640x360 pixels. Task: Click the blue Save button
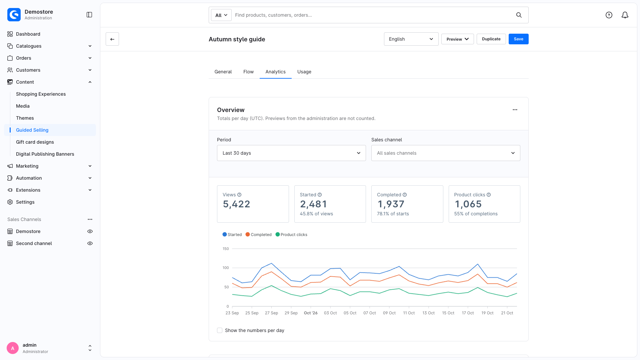tap(518, 39)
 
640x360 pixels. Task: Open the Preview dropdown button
tap(457, 39)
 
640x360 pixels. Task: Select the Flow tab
tap(248, 72)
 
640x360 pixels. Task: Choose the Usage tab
tap(304, 72)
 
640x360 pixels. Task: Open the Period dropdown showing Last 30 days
tap(291, 153)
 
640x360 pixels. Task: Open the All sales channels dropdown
tap(446, 153)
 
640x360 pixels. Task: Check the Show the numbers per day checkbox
tap(220, 330)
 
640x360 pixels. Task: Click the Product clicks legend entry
tap(291, 235)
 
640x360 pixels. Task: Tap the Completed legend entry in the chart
tap(259, 235)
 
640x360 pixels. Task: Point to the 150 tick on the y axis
tap(226, 249)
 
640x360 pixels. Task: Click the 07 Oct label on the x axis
tap(370, 313)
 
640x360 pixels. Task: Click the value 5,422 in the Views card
tap(236, 204)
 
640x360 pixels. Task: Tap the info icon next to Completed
tap(405, 195)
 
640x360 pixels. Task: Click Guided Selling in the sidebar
tap(32, 130)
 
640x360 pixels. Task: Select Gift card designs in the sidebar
tap(35, 142)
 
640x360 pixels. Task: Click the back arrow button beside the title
tap(112, 39)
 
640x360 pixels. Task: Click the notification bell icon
tap(625, 15)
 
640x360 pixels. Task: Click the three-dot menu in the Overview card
tap(515, 110)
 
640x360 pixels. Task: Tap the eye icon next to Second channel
tap(90, 243)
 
